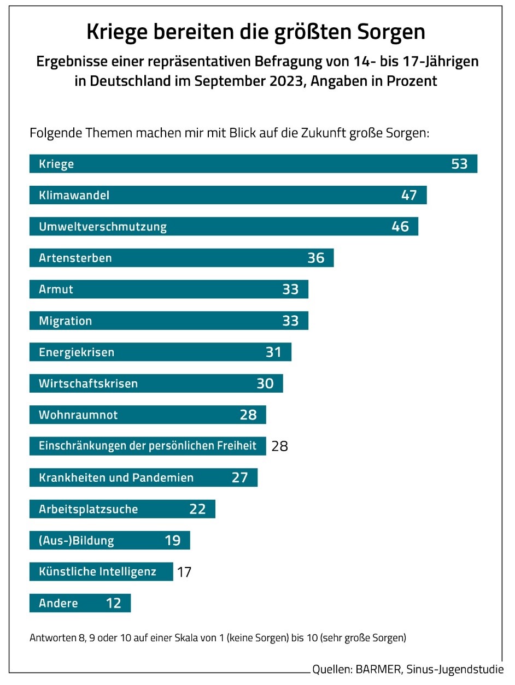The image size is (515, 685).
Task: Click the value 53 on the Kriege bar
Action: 459,164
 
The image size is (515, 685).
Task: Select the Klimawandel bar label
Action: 74,195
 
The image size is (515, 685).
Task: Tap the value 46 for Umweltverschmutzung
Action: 400,226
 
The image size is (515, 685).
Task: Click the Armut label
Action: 56,289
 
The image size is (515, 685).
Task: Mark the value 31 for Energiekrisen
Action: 273,352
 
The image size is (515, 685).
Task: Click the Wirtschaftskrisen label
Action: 88,383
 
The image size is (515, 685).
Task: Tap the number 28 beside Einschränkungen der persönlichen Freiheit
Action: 279,446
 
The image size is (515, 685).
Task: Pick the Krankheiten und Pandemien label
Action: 116,477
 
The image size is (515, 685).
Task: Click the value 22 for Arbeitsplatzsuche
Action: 197,509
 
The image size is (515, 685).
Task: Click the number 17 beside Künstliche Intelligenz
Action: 184,572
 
